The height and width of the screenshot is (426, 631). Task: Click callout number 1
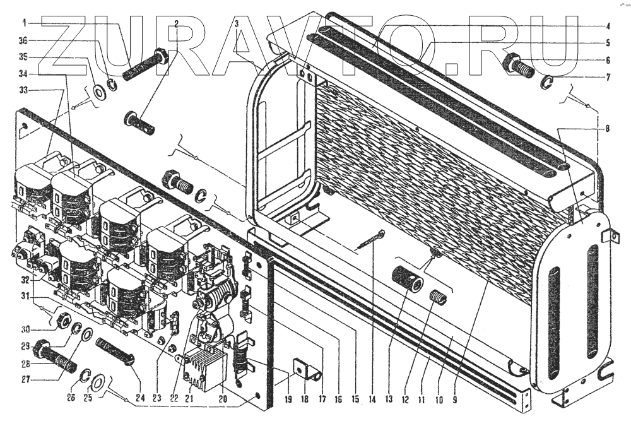click(x=24, y=23)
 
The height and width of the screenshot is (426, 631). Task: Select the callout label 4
click(x=607, y=27)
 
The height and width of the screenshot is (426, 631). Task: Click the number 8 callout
click(x=607, y=129)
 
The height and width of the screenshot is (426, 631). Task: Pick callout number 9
click(x=454, y=399)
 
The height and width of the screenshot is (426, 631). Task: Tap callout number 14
click(x=372, y=399)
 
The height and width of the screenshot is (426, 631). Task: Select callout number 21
click(x=188, y=399)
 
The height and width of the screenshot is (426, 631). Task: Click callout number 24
click(x=140, y=399)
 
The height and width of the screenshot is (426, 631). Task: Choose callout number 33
click(x=24, y=91)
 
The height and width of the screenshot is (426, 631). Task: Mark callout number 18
click(x=306, y=399)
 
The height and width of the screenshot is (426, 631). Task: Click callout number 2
click(x=177, y=24)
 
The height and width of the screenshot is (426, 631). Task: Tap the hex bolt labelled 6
click(x=515, y=64)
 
